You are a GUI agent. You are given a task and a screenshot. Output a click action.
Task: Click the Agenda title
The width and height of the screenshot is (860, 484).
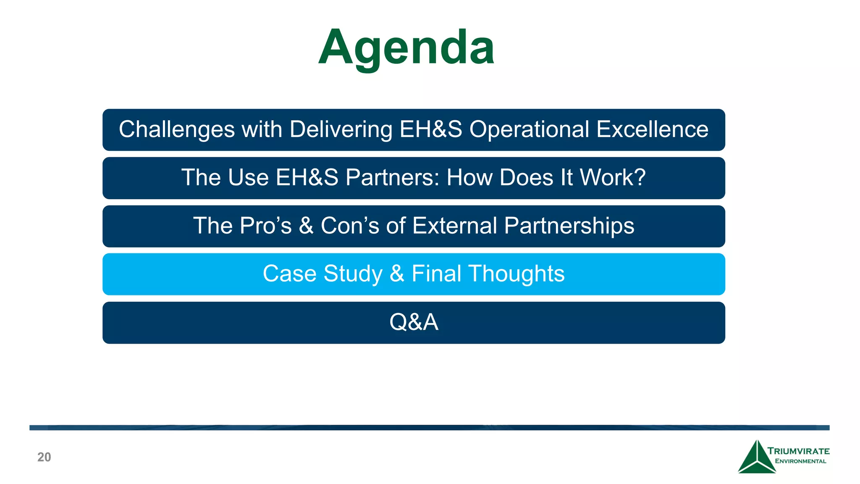point(406,47)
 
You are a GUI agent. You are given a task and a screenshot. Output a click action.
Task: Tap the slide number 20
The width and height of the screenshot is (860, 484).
point(44,457)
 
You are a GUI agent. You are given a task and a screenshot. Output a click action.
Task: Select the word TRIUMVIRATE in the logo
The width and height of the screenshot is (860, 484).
point(798,451)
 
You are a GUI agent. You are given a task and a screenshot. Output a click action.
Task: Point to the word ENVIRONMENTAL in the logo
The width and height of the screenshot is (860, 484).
point(800,461)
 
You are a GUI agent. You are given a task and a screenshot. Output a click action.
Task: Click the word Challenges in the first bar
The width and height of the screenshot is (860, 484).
point(176,129)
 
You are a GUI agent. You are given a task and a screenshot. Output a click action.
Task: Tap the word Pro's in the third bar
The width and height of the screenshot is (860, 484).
point(265,226)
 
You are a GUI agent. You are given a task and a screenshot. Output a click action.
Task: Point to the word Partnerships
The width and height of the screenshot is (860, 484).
point(569,226)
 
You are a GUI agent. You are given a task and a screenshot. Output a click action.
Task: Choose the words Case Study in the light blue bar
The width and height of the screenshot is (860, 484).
point(322,274)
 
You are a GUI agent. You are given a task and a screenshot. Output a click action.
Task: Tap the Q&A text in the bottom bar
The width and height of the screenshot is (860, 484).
point(414,322)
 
